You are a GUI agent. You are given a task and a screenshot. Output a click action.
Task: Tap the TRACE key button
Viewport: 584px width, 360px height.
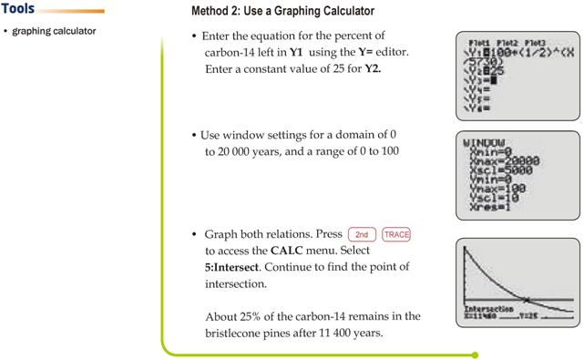pyautogui.click(x=397, y=234)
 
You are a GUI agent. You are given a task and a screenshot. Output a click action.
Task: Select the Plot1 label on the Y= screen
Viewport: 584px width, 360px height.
pyautogui.click(x=479, y=42)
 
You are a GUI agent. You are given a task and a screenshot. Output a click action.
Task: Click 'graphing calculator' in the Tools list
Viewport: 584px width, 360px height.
pyautogui.click(x=54, y=32)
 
